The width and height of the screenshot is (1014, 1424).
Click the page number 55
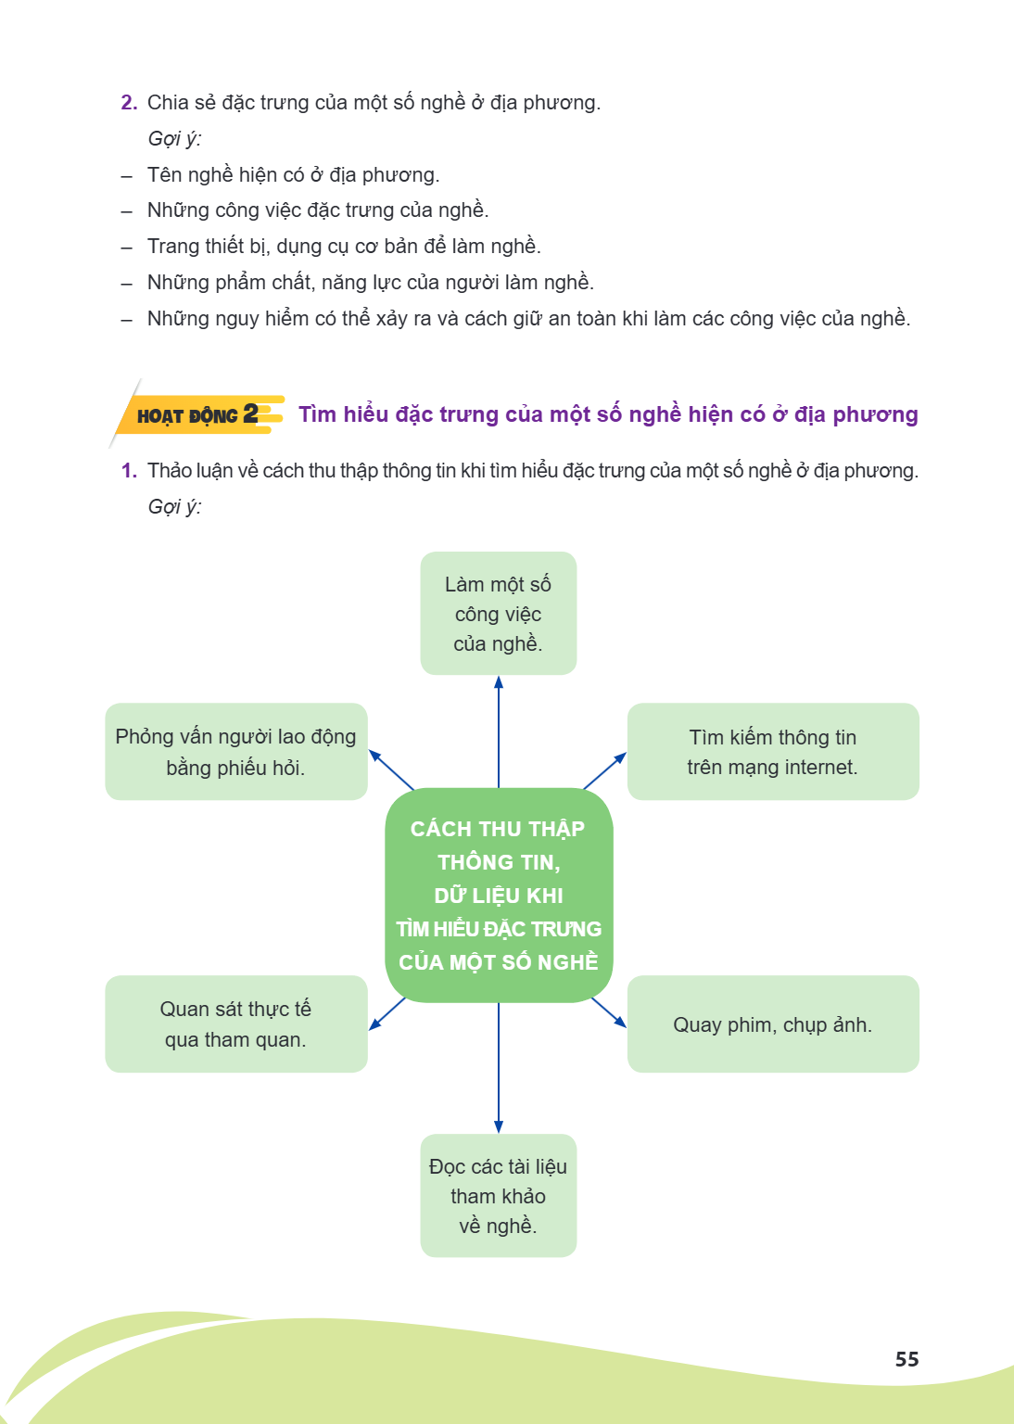point(906,1358)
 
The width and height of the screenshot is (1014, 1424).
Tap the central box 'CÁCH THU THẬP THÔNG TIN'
point(499,895)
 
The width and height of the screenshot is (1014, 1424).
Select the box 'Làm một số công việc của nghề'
point(499,613)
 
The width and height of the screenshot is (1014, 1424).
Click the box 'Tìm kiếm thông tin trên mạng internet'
point(772,752)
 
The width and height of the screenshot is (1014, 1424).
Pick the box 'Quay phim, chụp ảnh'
point(772,1024)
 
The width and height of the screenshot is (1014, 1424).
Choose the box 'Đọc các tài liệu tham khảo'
point(499,1195)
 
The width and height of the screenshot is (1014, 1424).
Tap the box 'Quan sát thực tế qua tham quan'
point(235,1024)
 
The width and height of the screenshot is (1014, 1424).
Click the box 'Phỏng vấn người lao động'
point(235,752)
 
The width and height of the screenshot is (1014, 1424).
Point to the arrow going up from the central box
point(499,731)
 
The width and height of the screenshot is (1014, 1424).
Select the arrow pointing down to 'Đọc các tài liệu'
point(499,1068)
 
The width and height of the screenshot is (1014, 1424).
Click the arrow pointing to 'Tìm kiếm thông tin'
point(604,770)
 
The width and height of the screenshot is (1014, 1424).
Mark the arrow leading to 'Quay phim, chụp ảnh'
point(609,1012)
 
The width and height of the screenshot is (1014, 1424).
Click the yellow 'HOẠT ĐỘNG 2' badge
point(198,414)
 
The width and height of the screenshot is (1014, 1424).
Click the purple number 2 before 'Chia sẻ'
point(129,102)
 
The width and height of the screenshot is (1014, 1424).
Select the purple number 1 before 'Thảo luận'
point(129,470)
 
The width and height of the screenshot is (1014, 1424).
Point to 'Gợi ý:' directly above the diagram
point(174,507)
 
